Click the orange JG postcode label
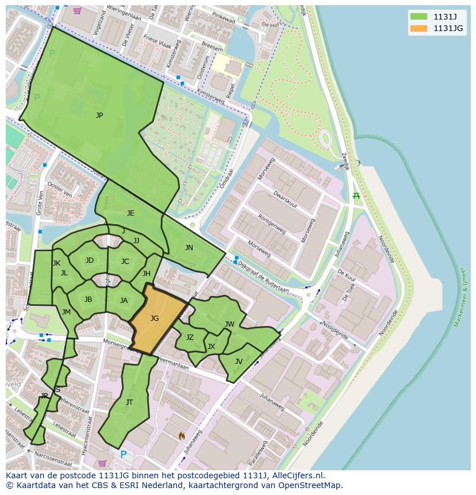[x=155, y=319]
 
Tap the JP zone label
[x=99, y=116]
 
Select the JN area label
[x=189, y=248]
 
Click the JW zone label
[x=229, y=324]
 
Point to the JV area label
[x=239, y=362]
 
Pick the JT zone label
[x=129, y=402]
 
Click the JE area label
[x=130, y=213]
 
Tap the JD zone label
[x=90, y=260]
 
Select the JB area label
[x=89, y=300]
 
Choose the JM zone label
[x=66, y=312]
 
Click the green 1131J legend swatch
[x=419, y=17]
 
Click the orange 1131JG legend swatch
[x=419, y=28]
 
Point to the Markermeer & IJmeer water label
[x=460, y=297]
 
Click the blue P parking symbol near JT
[x=123, y=455]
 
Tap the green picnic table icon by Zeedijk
[x=356, y=197]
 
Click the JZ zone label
[x=190, y=337]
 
